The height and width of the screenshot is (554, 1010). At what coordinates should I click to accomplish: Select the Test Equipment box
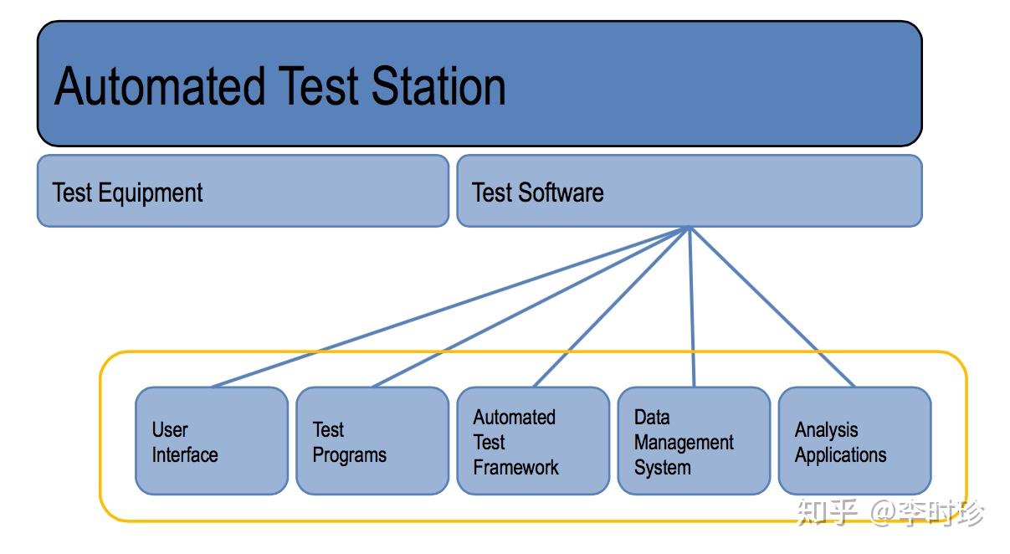pyautogui.click(x=243, y=191)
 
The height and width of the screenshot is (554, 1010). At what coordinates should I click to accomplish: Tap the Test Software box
pyautogui.click(x=689, y=191)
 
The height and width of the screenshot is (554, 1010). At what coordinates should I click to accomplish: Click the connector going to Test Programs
pyautogui.click(x=531, y=307)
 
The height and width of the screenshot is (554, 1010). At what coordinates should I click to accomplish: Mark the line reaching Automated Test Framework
pyautogui.click(x=611, y=307)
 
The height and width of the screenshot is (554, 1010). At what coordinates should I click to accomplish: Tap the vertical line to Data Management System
pyautogui.click(x=691, y=307)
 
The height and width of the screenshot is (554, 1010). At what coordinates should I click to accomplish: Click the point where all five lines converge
pyautogui.click(x=689, y=228)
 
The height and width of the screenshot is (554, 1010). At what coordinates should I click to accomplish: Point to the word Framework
pyautogui.click(x=515, y=467)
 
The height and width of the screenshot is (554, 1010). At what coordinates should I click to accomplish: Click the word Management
pyautogui.click(x=684, y=443)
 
